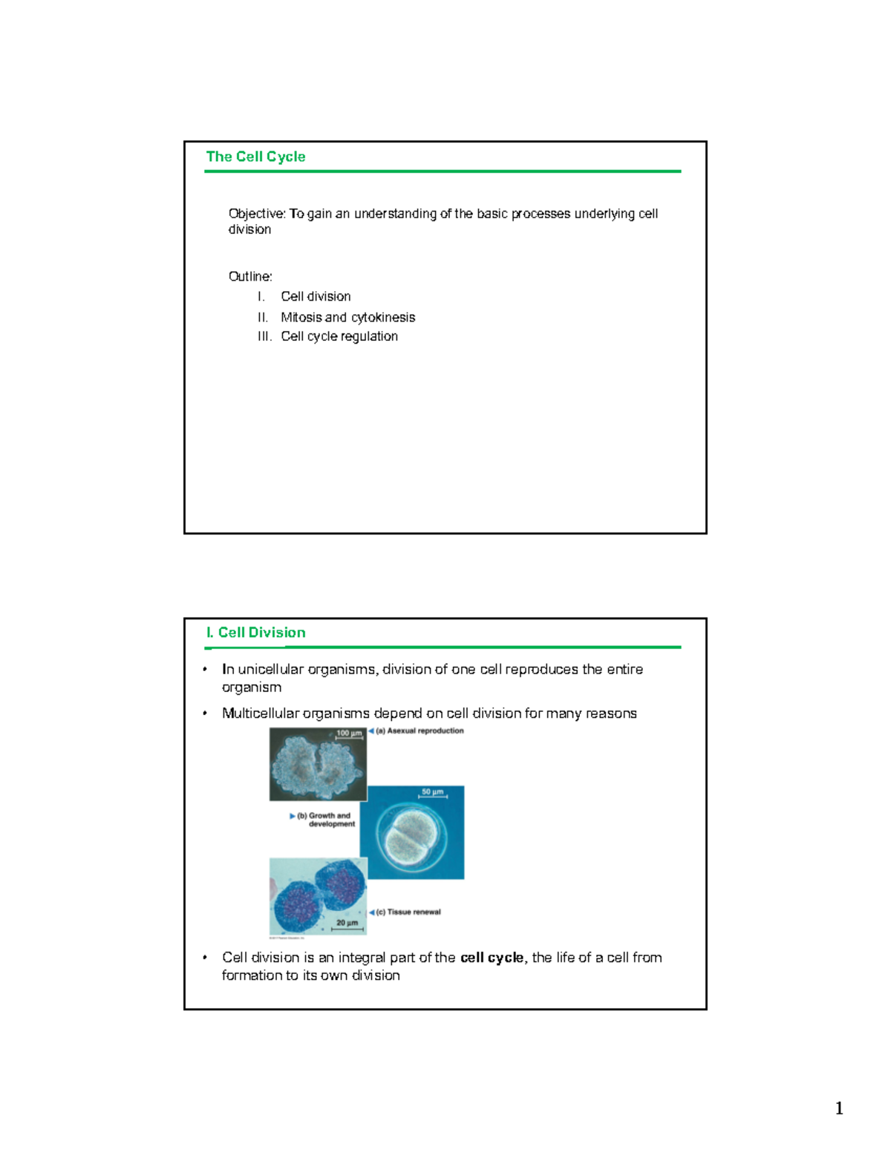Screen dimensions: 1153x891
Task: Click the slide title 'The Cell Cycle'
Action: click(255, 157)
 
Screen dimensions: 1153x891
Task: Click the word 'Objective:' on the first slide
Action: click(257, 214)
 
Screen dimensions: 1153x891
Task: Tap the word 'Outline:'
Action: click(250, 276)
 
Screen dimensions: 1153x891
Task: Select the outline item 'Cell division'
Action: click(316, 296)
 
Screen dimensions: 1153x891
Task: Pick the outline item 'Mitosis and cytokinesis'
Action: click(347, 317)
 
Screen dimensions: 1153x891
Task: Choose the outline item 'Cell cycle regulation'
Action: click(339, 336)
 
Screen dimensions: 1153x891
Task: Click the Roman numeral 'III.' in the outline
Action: click(264, 336)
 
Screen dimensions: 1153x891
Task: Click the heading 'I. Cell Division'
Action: click(255, 633)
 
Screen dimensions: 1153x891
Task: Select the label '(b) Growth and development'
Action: click(325, 820)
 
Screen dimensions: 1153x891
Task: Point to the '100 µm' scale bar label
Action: click(349, 734)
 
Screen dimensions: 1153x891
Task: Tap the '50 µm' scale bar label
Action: click(432, 792)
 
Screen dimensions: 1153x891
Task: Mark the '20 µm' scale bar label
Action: click(347, 923)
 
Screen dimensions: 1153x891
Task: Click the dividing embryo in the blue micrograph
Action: click(411, 834)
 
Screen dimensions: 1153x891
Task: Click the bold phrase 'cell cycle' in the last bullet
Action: click(492, 958)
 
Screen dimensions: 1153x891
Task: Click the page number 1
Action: click(839, 1108)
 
